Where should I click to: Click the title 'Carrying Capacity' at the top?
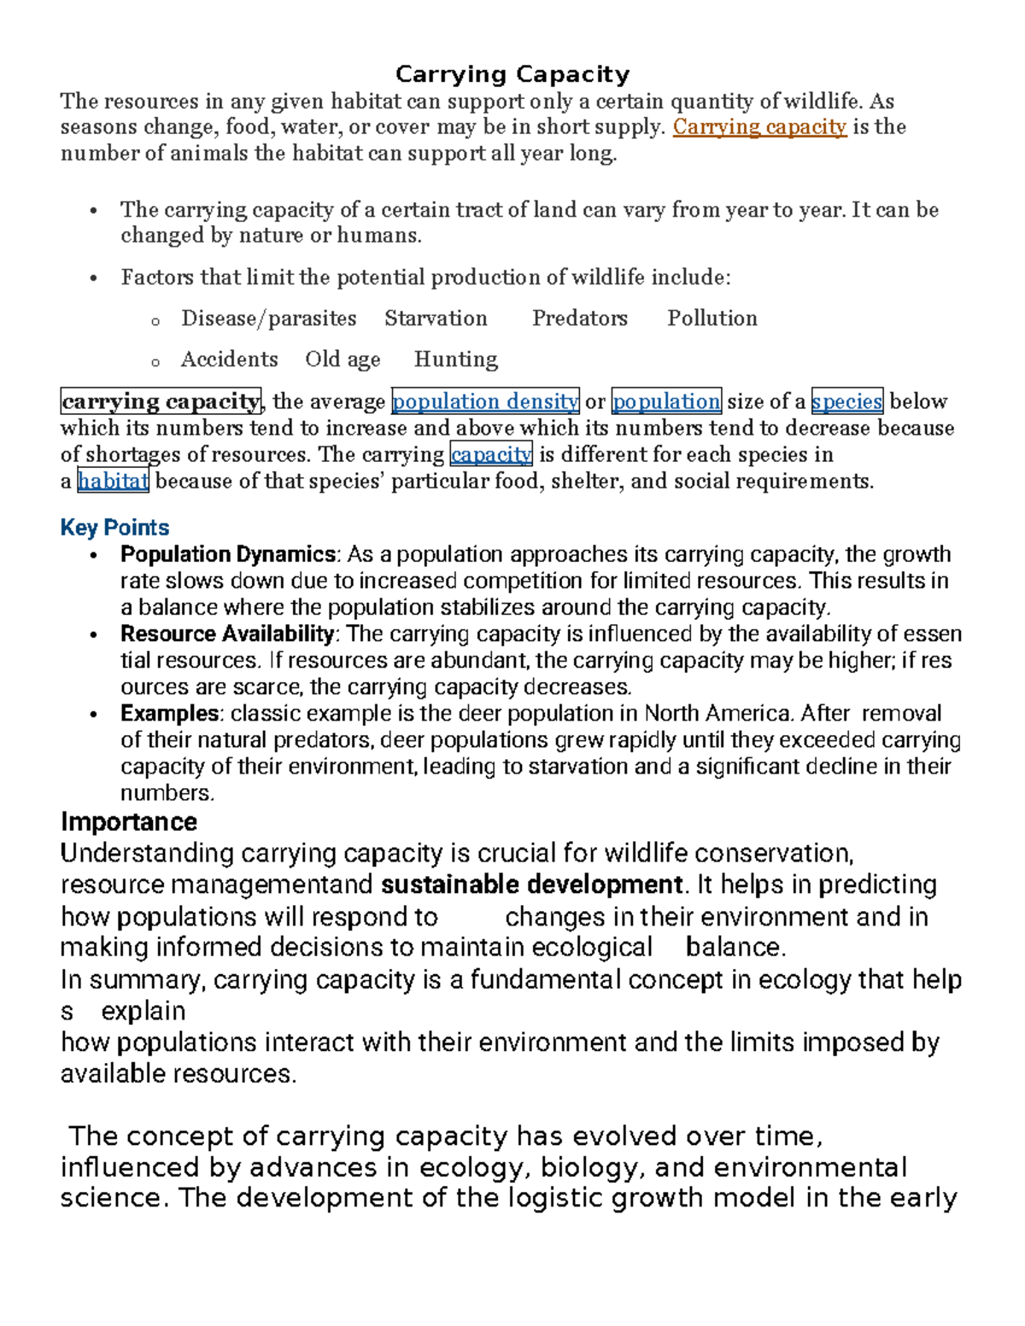click(512, 74)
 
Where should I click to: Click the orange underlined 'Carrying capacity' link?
click(759, 127)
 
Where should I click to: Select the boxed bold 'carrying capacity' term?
click(161, 401)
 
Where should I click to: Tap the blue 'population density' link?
click(485, 401)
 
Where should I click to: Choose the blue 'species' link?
click(846, 401)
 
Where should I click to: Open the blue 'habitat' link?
click(113, 481)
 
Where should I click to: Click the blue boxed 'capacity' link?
click(491, 454)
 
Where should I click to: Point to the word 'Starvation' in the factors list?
click(436, 318)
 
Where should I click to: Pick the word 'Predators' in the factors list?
click(579, 318)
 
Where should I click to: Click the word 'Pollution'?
click(712, 318)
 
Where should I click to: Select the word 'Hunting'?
click(455, 359)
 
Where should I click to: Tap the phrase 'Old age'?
click(343, 359)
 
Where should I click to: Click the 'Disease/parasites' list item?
click(268, 318)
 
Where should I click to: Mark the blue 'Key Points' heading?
click(114, 528)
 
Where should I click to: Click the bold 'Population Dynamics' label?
click(228, 554)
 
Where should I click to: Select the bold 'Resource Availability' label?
click(227, 634)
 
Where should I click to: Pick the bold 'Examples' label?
click(170, 713)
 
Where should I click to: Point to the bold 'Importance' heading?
click(129, 821)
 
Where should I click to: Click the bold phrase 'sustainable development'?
click(531, 885)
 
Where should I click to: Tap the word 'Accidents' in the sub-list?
click(229, 359)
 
